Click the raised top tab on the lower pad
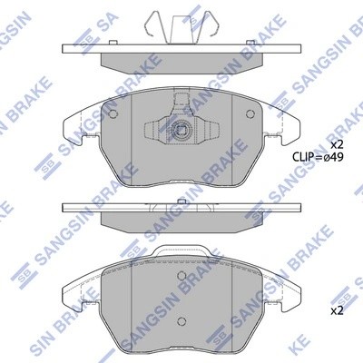(181, 251)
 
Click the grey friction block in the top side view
(181, 61)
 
